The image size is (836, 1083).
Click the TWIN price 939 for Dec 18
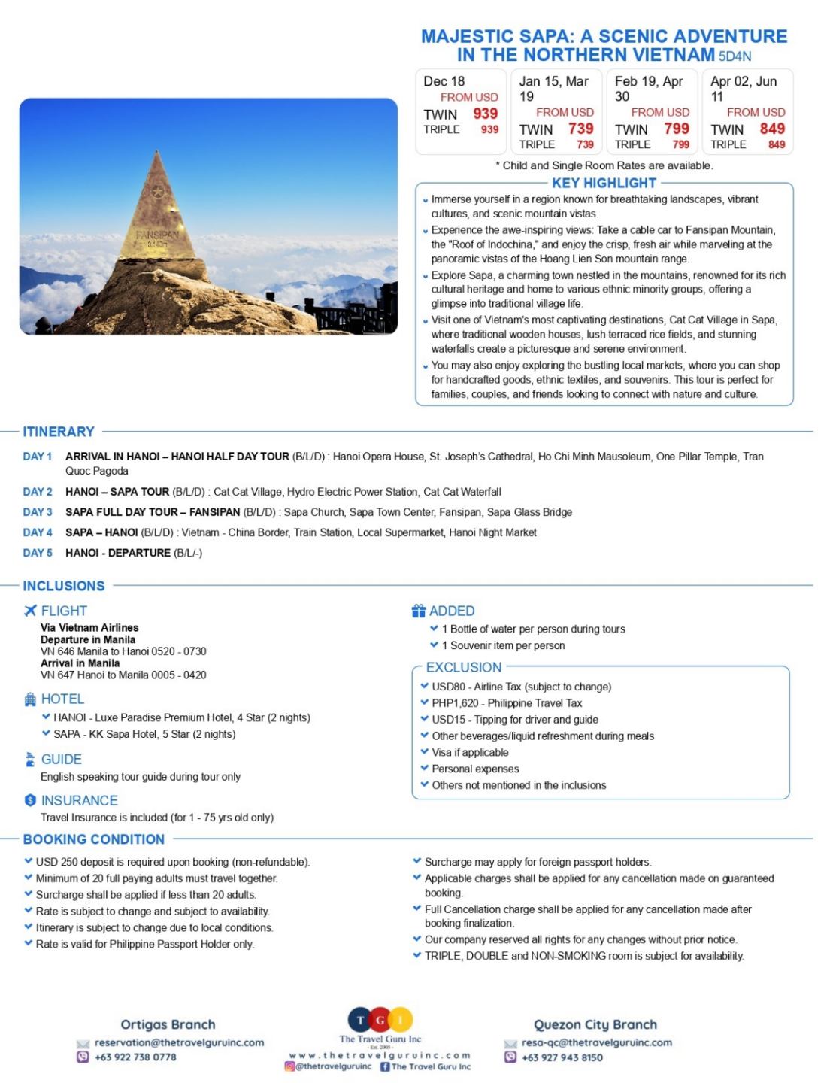[x=485, y=114]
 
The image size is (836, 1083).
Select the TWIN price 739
[x=580, y=129]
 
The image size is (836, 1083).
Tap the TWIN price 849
[x=772, y=129]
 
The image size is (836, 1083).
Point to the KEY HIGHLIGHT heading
[x=604, y=183]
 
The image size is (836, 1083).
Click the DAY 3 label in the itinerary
[x=38, y=512]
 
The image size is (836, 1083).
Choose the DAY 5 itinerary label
[x=38, y=553]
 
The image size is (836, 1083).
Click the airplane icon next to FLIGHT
[x=30, y=611]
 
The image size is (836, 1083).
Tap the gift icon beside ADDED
[x=419, y=611]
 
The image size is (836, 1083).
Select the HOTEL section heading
[x=62, y=699]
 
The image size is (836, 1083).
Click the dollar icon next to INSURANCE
[x=30, y=800]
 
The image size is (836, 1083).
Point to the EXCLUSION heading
[x=463, y=667]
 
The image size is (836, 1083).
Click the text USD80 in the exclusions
[x=448, y=687]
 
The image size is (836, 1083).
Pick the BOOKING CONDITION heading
[x=93, y=839]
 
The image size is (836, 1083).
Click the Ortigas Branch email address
[x=179, y=1042]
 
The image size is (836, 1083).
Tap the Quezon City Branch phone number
[x=562, y=1057]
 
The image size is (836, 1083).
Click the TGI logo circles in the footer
[x=380, y=1020]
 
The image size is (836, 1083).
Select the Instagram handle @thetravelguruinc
[x=333, y=1066]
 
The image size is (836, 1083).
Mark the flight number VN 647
[x=57, y=675]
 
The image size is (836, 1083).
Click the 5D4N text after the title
[x=735, y=56]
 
